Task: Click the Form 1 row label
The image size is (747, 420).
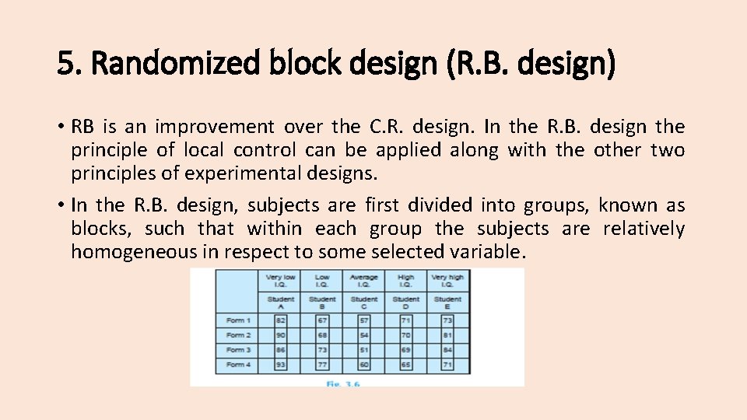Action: coord(237,320)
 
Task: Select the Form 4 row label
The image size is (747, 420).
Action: coord(237,365)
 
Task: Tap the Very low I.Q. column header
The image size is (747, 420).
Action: coord(281,280)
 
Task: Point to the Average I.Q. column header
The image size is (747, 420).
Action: coord(364,280)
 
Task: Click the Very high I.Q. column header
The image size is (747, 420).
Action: coord(447,280)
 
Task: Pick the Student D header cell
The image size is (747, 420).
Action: coord(405,302)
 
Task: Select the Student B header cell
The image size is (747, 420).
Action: coord(322,302)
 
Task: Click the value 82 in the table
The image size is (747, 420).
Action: coord(281,320)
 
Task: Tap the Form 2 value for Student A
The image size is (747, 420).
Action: coord(281,335)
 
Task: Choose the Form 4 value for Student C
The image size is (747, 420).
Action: coord(364,365)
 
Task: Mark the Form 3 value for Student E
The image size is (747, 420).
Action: coord(447,350)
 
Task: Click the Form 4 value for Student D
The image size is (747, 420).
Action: coord(405,365)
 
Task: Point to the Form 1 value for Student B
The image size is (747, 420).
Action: coord(322,320)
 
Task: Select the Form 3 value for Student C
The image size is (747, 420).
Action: coord(364,350)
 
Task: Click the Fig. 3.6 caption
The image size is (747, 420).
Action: coord(343,383)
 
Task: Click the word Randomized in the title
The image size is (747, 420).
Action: coord(178,63)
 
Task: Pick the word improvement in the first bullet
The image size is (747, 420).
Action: coord(214,127)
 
